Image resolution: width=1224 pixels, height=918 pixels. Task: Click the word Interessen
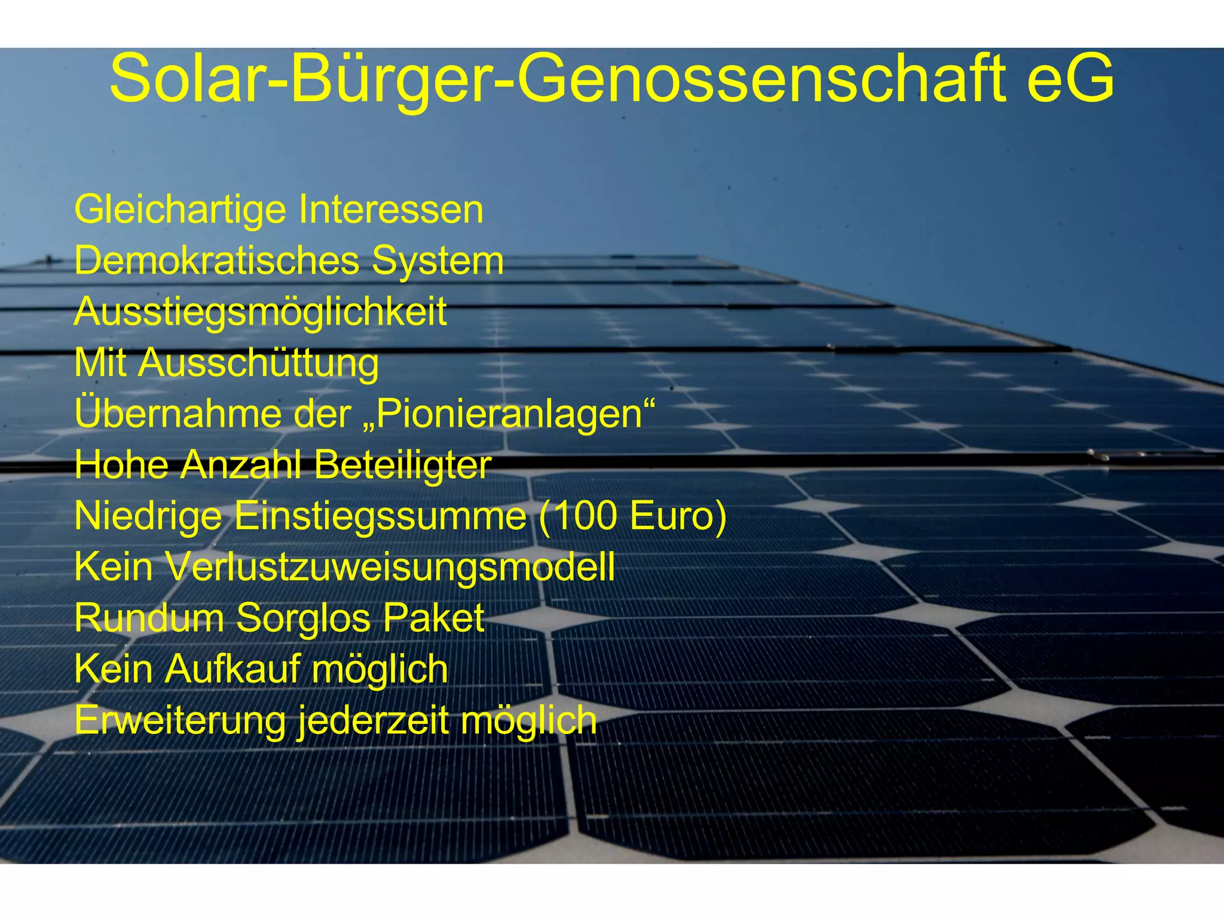tap(391, 210)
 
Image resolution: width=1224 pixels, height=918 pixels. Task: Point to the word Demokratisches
tap(217, 261)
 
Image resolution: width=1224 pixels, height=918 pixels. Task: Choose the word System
tap(437, 261)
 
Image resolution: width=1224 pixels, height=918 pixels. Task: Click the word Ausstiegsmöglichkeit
tap(261, 312)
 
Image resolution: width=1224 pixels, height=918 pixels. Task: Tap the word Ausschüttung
tap(258, 363)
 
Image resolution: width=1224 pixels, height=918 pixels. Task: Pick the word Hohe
tap(122, 465)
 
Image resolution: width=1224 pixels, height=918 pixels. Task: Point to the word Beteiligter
tap(402, 465)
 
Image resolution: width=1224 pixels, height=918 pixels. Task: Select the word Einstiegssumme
tap(380, 516)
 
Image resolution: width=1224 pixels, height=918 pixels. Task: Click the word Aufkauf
tap(232, 669)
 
